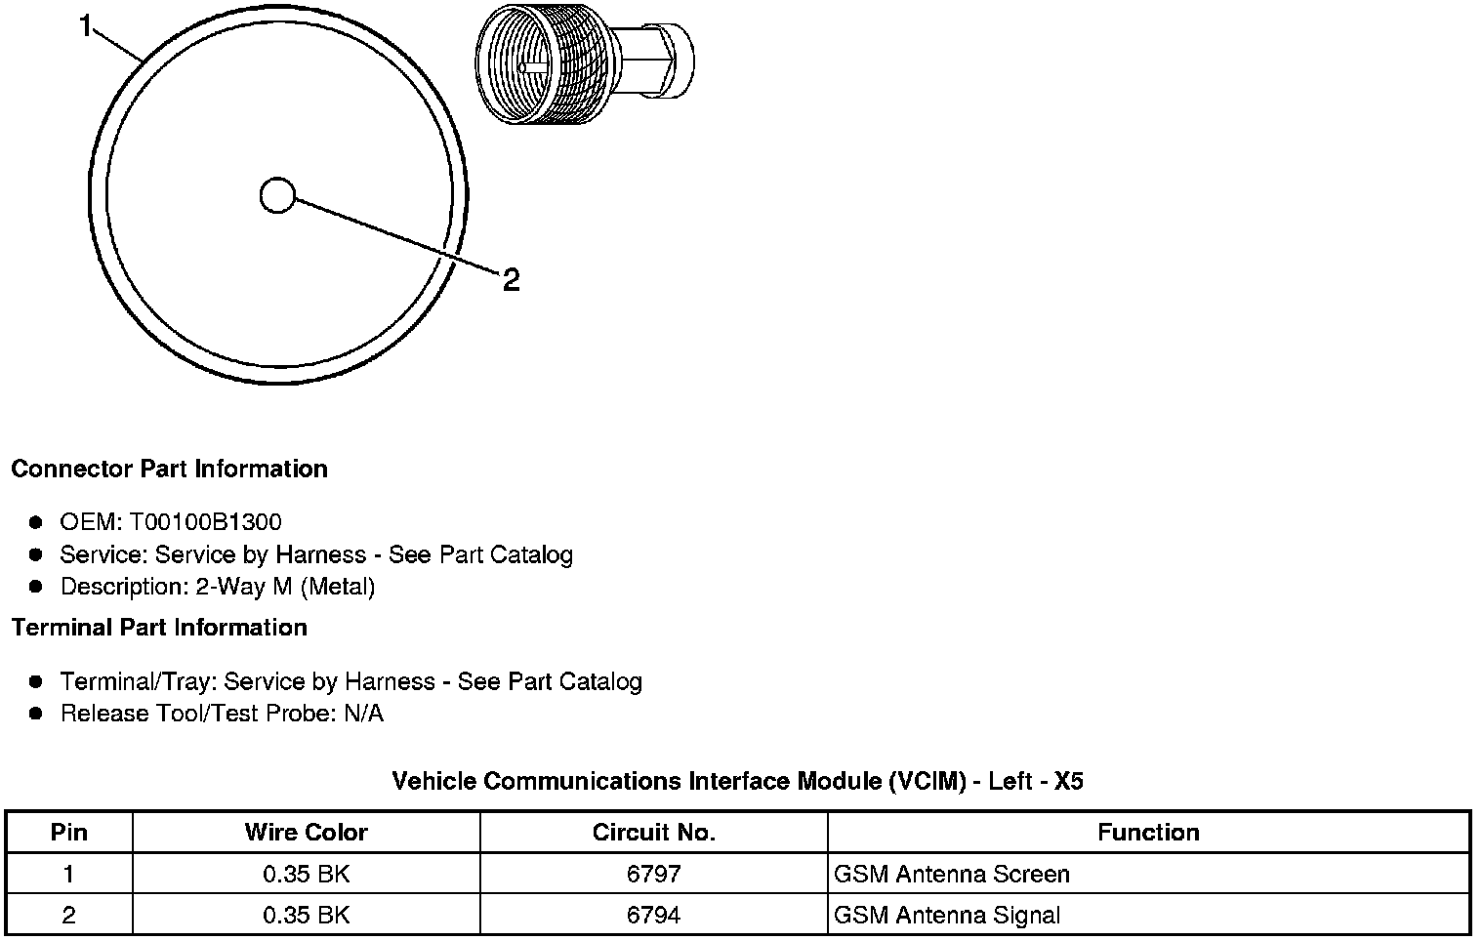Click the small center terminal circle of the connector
[x=277, y=195]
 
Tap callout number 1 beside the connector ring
[x=86, y=26]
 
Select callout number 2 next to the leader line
[x=511, y=280]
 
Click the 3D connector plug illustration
[x=585, y=63]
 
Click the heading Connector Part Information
[x=170, y=469]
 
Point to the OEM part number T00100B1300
[x=205, y=522]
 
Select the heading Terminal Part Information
[x=160, y=627]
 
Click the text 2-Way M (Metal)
[x=285, y=587]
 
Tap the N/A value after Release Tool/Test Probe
[x=364, y=714]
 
